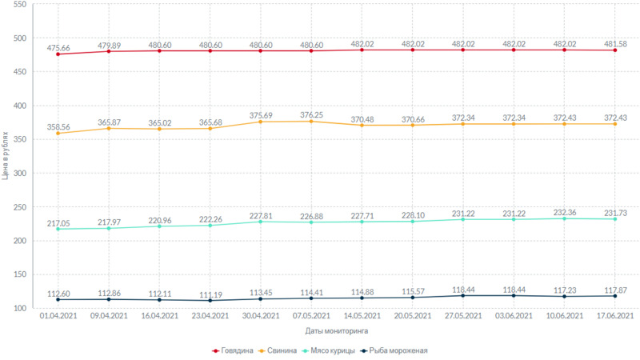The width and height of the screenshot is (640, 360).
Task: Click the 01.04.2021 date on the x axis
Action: (58, 317)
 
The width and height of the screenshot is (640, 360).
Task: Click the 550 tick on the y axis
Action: (21, 5)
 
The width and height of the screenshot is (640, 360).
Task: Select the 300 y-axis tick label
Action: (21, 174)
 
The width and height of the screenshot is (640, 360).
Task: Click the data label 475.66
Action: (58, 48)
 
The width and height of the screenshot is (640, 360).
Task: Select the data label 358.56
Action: (58, 126)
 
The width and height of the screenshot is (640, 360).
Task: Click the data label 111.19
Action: (210, 294)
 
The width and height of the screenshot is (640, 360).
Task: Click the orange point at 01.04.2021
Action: (58, 134)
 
